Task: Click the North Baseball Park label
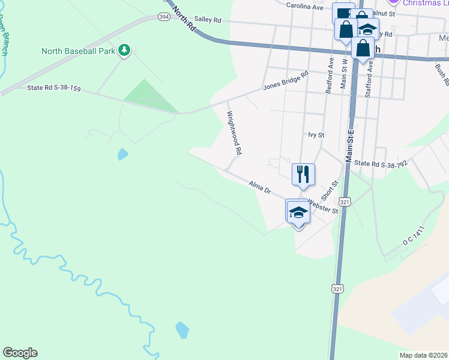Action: tap(78, 51)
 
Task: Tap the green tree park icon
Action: tap(124, 50)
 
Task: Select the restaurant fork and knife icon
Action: tap(303, 174)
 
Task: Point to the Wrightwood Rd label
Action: tap(234, 133)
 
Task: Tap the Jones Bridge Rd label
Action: tap(286, 81)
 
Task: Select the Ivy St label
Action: tap(316, 136)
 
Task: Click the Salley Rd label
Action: tap(208, 20)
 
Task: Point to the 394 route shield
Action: tap(163, 17)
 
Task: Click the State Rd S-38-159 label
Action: tap(53, 88)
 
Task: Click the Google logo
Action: tap(20, 353)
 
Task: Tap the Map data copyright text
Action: tap(424, 355)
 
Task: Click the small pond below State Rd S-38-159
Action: tap(122, 154)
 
